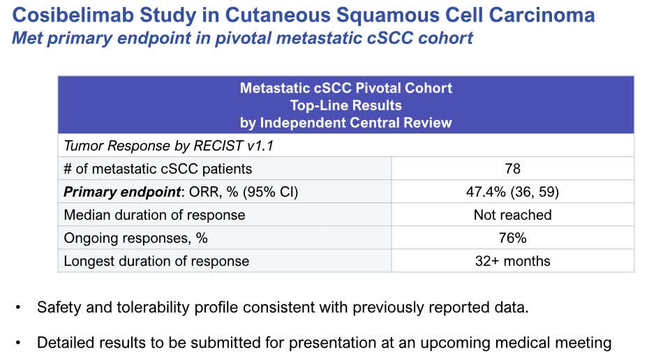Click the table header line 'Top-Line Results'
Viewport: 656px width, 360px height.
345,105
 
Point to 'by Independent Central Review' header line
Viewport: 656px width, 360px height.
345,123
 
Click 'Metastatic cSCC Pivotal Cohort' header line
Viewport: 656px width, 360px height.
345,88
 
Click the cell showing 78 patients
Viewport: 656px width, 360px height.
512,169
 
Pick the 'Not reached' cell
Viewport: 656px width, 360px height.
512,215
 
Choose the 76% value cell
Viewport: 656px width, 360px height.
512,238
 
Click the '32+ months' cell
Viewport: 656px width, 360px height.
512,261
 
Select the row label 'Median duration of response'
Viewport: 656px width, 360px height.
154,215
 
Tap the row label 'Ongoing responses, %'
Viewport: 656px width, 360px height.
135,238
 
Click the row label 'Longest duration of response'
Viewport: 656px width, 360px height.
156,261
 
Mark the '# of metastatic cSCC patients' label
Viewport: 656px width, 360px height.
158,169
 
